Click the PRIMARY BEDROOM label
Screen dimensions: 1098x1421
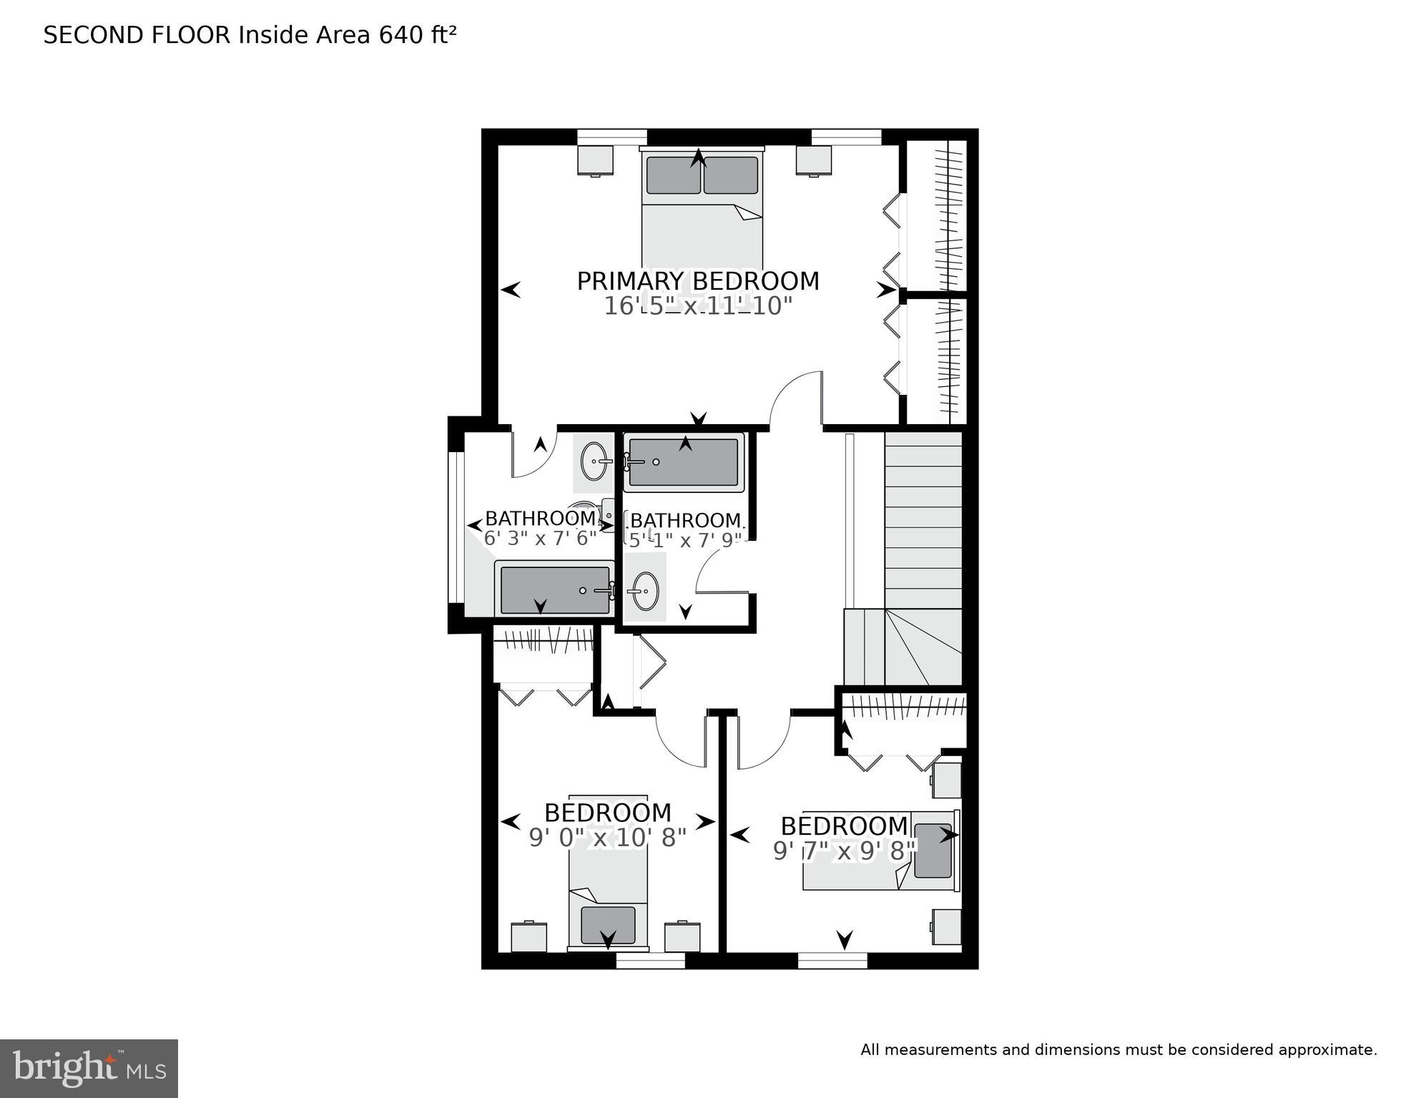698,281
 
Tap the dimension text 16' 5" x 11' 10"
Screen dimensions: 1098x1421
698,306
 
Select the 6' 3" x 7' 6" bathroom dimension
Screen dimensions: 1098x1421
540,538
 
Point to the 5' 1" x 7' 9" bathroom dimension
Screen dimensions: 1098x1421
685,540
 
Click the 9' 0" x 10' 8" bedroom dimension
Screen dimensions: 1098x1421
607,838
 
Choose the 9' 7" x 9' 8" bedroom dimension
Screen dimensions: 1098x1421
845,851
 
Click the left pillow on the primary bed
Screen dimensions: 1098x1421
673,175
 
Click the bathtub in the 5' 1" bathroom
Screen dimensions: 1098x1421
684,462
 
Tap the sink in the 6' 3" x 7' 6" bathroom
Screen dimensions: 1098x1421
593,462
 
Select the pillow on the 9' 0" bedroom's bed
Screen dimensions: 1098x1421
608,924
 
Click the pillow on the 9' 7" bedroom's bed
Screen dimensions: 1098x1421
933,851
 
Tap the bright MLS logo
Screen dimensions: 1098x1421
89,1069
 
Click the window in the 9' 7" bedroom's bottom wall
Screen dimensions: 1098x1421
832,960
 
